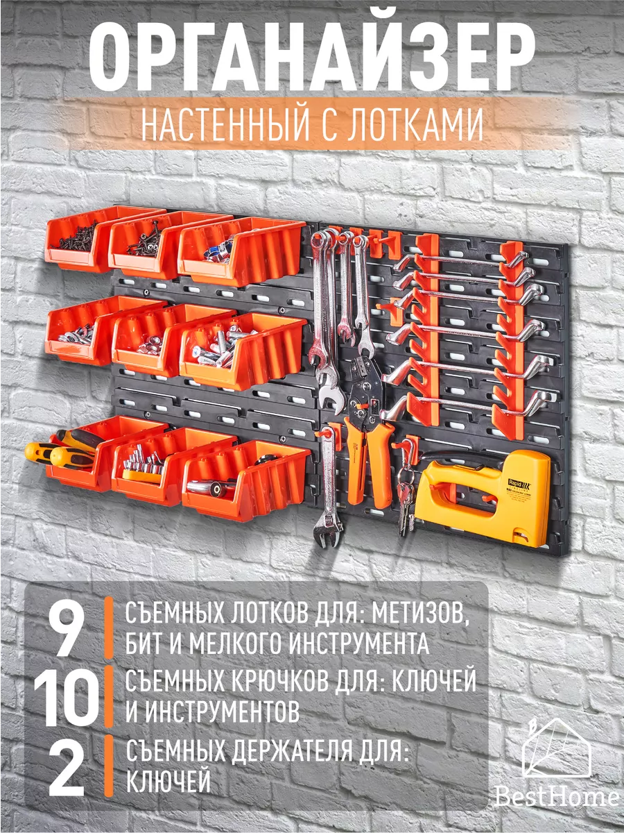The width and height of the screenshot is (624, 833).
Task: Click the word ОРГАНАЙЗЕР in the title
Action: [x=312, y=59]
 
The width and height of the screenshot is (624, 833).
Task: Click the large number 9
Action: [x=68, y=628]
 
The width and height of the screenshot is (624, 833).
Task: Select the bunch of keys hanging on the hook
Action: [x=406, y=496]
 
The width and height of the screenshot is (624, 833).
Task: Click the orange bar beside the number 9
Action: [x=108, y=628]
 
